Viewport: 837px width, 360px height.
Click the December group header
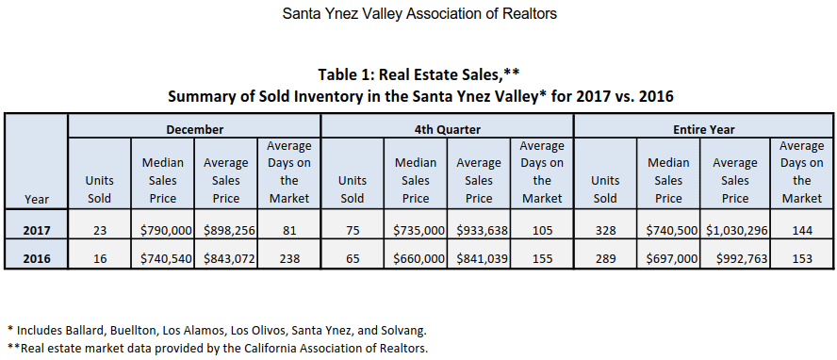(194, 128)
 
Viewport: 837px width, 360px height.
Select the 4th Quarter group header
(447, 128)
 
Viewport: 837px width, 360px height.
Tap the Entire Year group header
(703, 128)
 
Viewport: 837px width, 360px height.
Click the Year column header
(37, 199)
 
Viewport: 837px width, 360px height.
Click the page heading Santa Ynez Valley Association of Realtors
(419, 14)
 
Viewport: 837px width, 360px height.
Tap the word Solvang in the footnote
(400, 330)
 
